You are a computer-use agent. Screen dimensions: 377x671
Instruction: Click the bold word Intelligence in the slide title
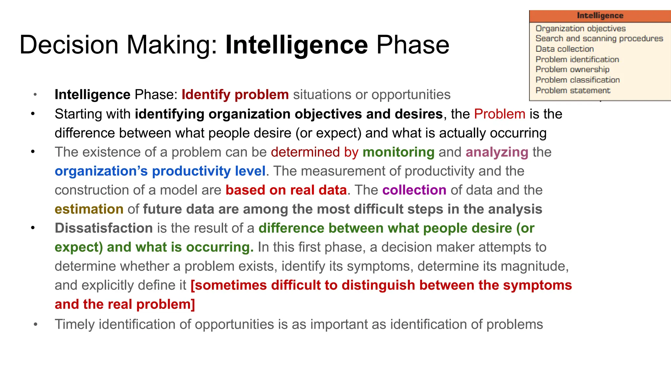click(x=297, y=45)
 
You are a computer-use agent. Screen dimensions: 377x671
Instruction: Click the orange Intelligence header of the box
click(x=600, y=16)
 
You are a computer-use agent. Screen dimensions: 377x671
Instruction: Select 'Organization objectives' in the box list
click(x=580, y=28)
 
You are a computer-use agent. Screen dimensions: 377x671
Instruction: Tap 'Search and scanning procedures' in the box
click(x=599, y=39)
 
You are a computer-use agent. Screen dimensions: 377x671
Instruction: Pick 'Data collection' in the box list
click(x=565, y=49)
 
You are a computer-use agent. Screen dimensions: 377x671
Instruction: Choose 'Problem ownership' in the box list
click(x=572, y=69)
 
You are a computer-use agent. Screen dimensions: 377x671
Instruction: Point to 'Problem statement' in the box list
click(x=573, y=90)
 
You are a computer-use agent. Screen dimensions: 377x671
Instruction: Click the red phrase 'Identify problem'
click(x=235, y=95)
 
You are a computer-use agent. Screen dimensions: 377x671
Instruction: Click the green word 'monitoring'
click(x=398, y=152)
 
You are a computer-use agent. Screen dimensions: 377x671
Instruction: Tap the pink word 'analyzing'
click(x=497, y=152)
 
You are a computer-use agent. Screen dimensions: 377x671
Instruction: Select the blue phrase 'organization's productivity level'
click(x=160, y=171)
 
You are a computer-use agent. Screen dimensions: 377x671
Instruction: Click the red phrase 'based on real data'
click(x=286, y=190)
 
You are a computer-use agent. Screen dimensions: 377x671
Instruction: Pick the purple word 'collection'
click(x=414, y=190)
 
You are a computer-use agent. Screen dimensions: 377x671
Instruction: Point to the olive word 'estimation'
click(x=89, y=209)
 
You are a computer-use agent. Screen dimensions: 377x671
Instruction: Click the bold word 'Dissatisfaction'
click(x=104, y=228)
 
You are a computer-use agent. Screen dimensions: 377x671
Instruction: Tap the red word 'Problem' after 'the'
click(x=499, y=114)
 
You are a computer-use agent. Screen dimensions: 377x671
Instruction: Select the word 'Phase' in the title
click(x=412, y=45)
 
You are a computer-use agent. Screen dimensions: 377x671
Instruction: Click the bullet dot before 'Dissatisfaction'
click(x=33, y=228)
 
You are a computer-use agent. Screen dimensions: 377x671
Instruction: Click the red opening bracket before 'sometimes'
click(x=193, y=285)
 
